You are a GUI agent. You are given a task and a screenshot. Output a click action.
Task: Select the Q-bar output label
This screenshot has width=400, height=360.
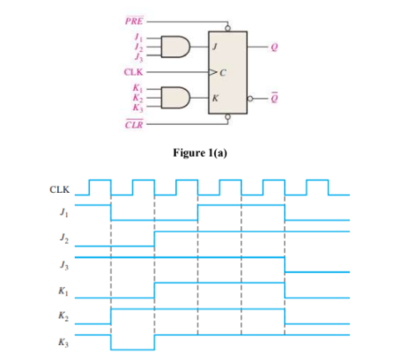[277, 98]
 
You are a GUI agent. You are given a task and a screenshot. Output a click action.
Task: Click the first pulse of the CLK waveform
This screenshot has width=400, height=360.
[100, 186]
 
